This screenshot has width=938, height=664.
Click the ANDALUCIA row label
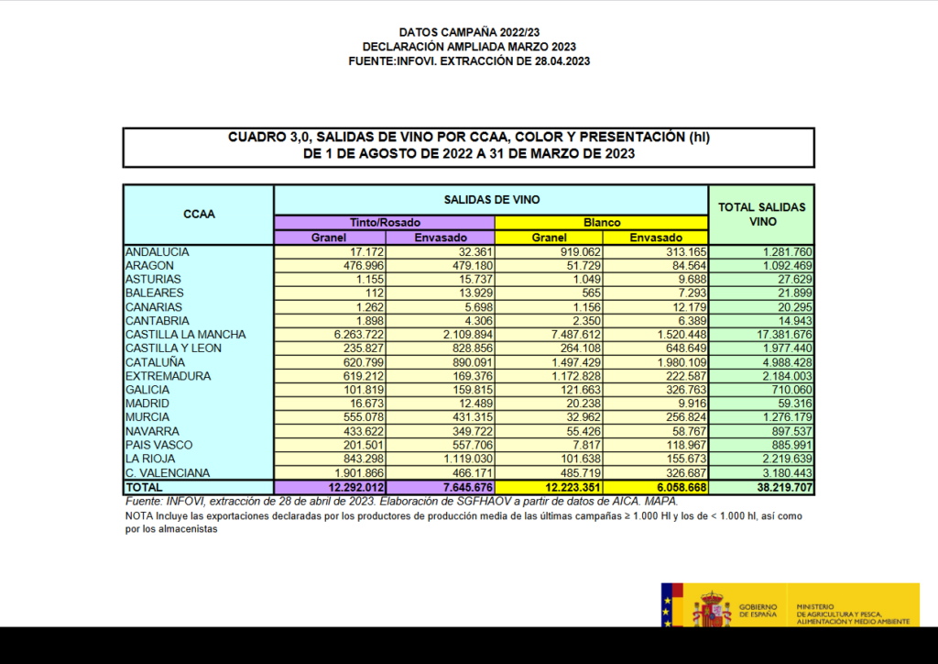point(158,251)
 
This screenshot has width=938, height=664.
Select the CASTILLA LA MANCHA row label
point(174,335)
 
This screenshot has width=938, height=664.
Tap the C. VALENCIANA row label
point(168,473)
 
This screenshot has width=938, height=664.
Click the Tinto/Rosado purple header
point(384,222)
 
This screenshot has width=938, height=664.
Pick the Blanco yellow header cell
point(602,222)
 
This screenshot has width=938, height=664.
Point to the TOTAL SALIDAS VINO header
point(761,215)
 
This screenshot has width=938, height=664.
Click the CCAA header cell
point(199,215)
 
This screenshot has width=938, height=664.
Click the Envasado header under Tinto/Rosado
point(441,237)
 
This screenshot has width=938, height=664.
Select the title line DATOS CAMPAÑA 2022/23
point(469,32)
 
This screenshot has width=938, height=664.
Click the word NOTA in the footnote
point(138,516)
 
